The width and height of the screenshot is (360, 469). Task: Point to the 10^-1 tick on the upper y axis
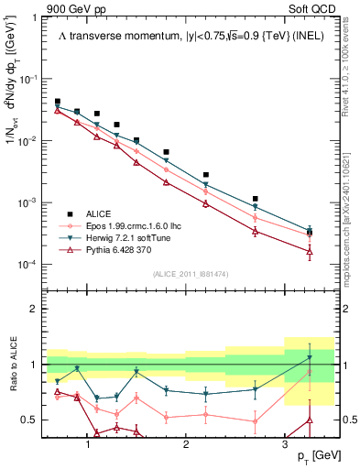pyautogui.click(x=28, y=80)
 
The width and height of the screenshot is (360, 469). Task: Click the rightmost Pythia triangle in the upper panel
pyautogui.click(x=310, y=252)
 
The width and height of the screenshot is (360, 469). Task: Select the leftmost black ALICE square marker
pyautogui.click(x=58, y=102)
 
